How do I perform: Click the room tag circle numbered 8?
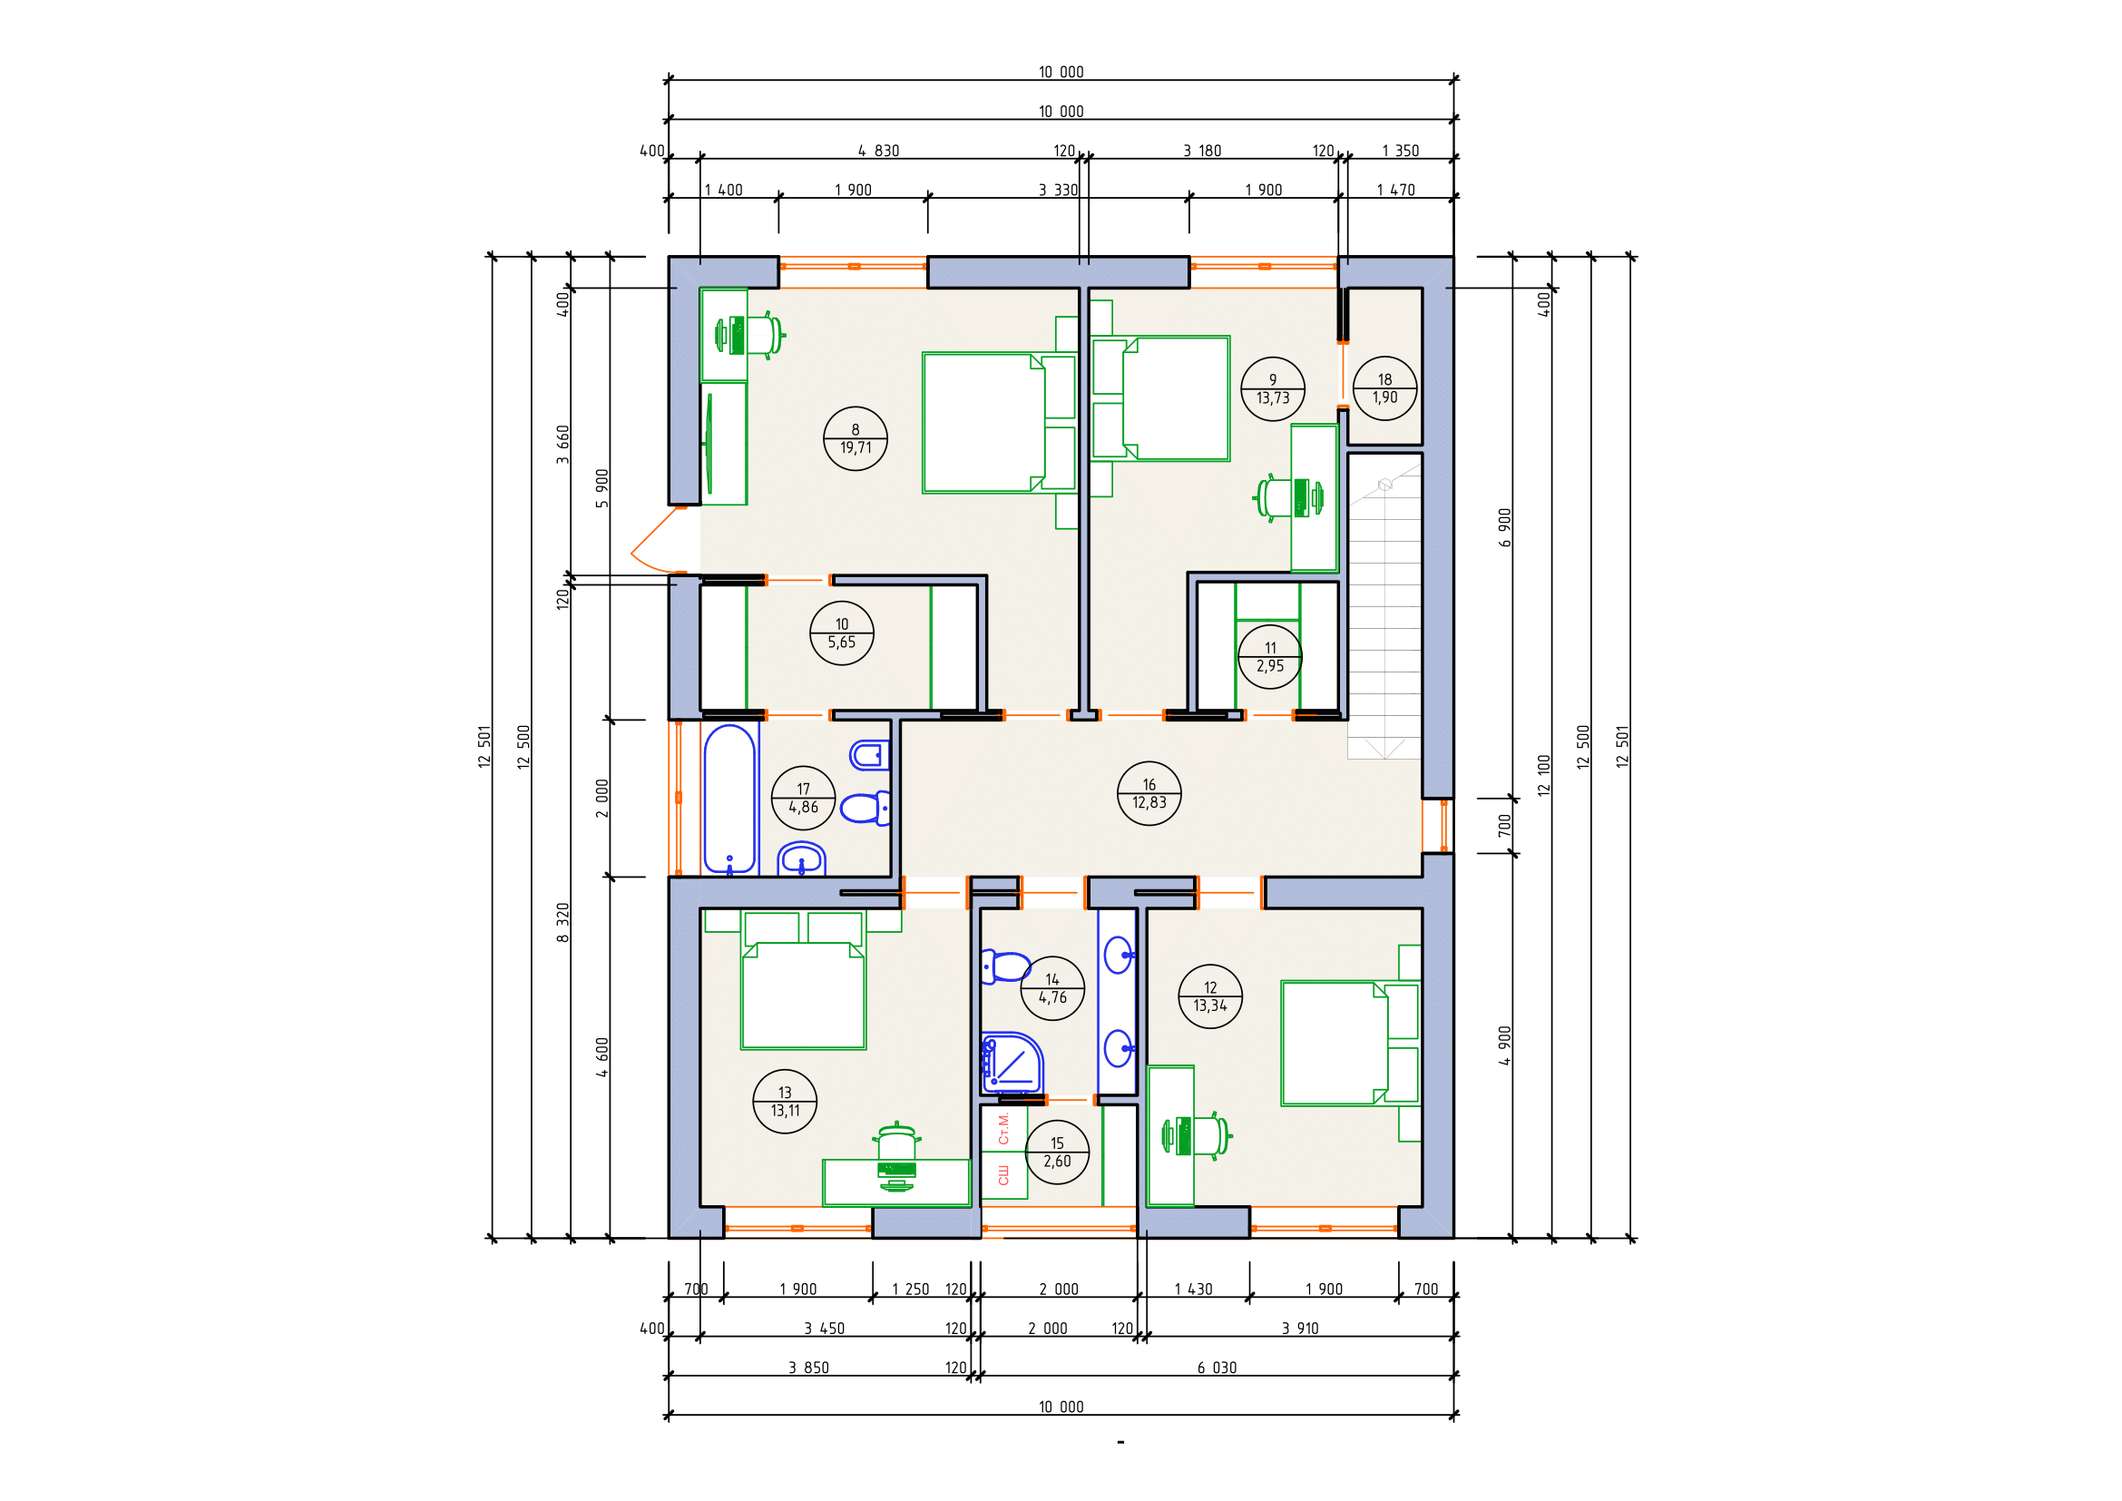[x=855, y=439]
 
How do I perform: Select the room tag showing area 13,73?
[x=1273, y=389]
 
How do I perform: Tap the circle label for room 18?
[x=1384, y=388]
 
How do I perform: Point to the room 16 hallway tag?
[x=1149, y=793]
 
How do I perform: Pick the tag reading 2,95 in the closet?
[x=1270, y=656]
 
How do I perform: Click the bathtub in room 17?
[x=730, y=800]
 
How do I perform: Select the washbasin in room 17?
[x=801, y=859]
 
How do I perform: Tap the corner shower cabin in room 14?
[x=1012, y=1063]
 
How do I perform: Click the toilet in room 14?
[x=1004, y=966]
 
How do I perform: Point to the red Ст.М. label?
[x=1003, y=1129]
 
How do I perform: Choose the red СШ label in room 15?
[x=1003, y=1175]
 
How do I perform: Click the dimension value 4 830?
[x=878, y=151]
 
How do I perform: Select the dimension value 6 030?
[x=1217, y=1368]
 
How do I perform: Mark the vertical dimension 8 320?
[x=562, y=922]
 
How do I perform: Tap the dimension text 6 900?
[x=1504, y=528]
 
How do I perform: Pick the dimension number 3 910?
[x=1299, y=1329]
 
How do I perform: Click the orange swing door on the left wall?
[x=656, y=541]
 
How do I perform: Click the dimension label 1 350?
[x=1400, y=151]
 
